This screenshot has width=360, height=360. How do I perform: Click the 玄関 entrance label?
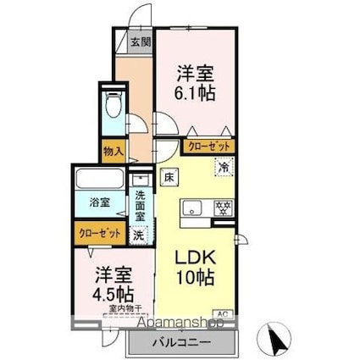coord(140,42)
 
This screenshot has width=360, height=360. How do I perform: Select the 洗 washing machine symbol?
coord(140,235)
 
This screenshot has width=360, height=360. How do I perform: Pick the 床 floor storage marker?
coord(169,178)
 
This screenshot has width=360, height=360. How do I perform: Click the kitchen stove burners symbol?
coord(224,205)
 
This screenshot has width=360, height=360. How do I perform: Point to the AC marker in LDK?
coord(224,314)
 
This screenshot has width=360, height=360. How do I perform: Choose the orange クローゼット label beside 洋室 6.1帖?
coord(208,145)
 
